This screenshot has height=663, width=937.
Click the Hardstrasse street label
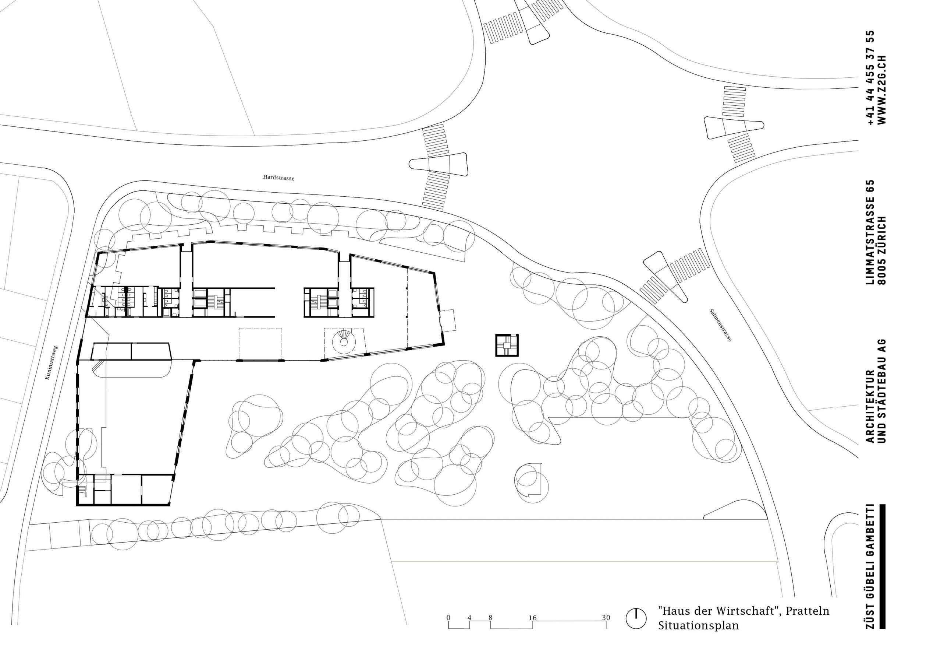[278, 178]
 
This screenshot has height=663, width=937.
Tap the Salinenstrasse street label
[721, 325]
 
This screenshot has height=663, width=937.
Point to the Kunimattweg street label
[52, 363]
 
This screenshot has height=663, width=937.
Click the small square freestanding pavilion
[507, 345]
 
